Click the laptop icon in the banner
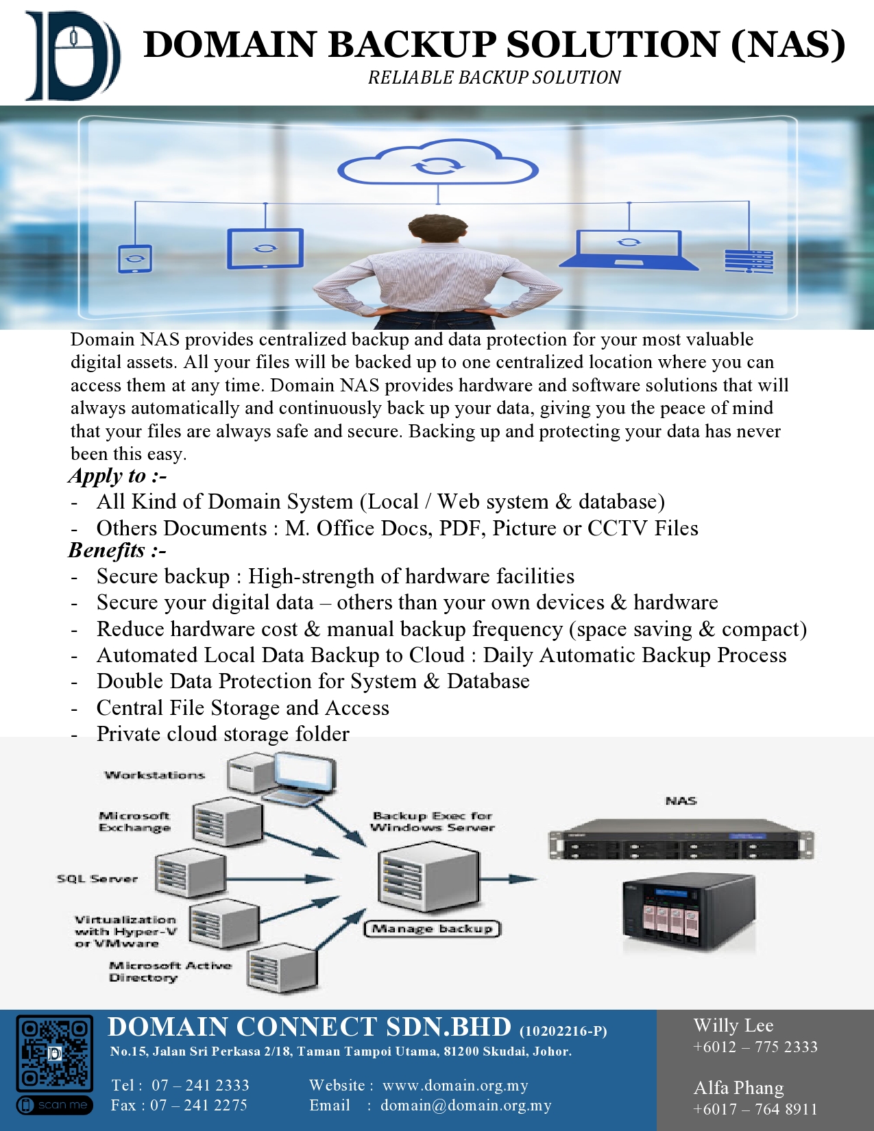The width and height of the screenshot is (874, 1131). tap(629, 250)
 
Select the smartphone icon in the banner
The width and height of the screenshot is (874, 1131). tap(135, 258)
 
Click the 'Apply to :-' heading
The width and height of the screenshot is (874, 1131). tap(118, 476)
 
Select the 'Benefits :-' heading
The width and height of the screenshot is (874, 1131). tap(117, 550)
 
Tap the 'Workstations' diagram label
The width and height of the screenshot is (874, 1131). tap(155, 775)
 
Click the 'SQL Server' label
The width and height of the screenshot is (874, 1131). tap(97, 879)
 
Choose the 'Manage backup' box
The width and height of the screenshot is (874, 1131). tap(432, 929)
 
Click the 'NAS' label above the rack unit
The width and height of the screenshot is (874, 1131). tap(681, 801)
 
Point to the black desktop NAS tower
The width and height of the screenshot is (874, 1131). tap(689, 914)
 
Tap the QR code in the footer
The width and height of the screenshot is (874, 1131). tap(54, 1053)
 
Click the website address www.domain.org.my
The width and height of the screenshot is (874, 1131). tap(455, 1085)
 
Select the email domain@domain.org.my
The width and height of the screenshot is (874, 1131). tap(466, 1105)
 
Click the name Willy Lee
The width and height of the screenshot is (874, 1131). tap(733, 1025)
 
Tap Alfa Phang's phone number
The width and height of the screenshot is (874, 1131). tap(755, 1109)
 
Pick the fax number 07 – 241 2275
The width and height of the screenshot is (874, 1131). tap(199, 1105)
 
